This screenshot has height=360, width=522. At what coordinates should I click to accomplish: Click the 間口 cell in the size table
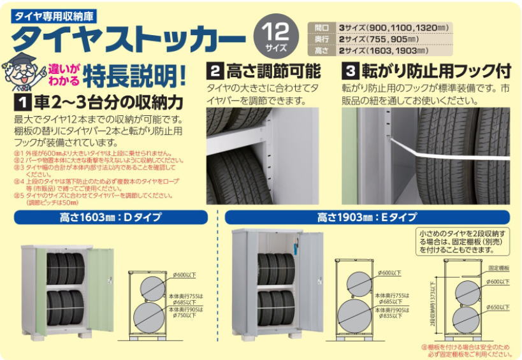click(x=322, y=27)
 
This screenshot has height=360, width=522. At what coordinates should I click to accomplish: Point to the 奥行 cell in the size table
click(x=322, y=39)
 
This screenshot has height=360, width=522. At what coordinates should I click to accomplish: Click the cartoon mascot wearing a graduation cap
click(x=20, y=75)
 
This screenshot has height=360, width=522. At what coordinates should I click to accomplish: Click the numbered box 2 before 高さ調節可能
click(x=215, y=71)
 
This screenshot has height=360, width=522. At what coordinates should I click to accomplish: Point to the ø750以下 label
click(x=184, y=315)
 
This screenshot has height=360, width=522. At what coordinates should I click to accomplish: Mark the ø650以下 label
click(x=498, y=306)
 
